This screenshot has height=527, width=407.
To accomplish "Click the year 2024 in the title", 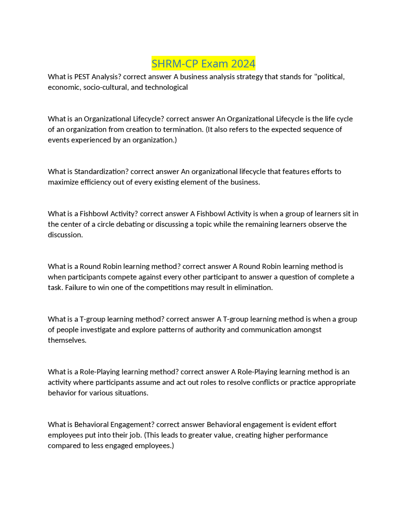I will tap(243, 64).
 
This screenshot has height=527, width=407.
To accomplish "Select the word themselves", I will tap(67, 340).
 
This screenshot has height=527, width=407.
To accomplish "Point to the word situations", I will tap(132, 393).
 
